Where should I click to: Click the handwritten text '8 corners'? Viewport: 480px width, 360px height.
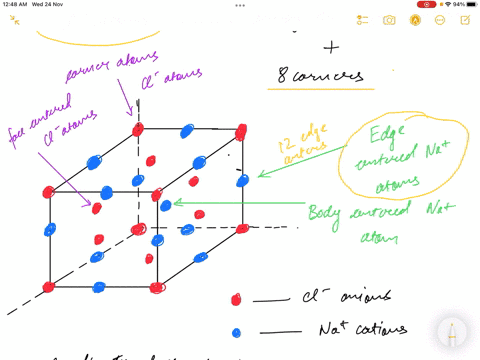point(321,75)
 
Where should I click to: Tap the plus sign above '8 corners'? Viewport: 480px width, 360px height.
point(331,47)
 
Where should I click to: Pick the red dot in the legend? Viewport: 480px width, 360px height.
point(236,299)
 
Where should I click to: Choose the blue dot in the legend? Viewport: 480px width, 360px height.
point(236,332)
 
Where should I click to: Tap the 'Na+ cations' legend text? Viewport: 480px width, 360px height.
point(341,329)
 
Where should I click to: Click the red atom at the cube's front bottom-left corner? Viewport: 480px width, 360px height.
point(49,288)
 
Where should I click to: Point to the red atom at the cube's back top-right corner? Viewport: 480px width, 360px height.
point(241,132)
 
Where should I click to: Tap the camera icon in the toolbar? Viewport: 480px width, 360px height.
point(389,20)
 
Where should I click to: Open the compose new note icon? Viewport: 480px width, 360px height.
point(464,20)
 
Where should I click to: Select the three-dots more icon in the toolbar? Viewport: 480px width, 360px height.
point(439,20)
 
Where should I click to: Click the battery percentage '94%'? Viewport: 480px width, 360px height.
point(458,4)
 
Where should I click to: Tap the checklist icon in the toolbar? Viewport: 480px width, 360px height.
point(362,20)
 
